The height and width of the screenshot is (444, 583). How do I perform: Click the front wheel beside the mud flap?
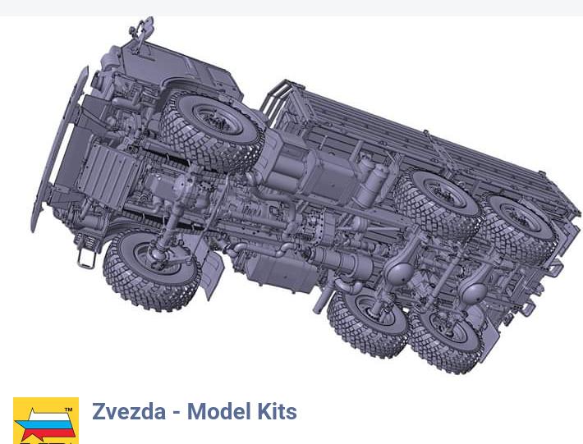(151, 269)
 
